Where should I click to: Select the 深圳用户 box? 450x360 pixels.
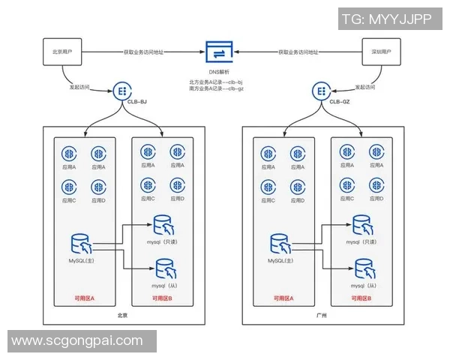coord(382,52)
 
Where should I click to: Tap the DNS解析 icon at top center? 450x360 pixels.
coord(222,52)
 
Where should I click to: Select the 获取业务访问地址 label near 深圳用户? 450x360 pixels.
coord(298,52)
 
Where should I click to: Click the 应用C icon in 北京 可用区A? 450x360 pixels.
coord(69,187)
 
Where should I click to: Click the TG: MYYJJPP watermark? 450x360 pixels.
coord(386,20)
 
